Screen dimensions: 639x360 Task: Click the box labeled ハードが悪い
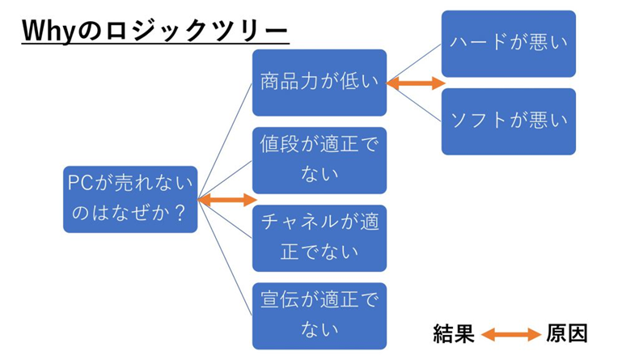pyautogui.click(x=509, y=44)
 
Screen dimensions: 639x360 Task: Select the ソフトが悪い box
pyautogui.click(x=509, y=121)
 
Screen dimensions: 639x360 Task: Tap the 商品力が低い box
pyautogui.click(x=319, y=83)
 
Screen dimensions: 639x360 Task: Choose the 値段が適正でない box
pyautogui.click(x=319, y=160)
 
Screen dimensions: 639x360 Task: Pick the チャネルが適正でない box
pyautogui.click(x=319, y=238)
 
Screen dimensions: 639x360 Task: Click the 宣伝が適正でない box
pyautogui.click(x=319, y=316)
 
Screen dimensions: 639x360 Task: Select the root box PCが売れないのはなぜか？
pyautogui.click(x=130, y=199)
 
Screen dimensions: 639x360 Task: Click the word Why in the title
pyautogui.click(x=49, y=32)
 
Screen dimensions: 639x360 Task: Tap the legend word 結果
pyautogui.click(x=454, y=334)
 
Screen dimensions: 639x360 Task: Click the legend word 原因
pyautogui.click(x=567, y=334)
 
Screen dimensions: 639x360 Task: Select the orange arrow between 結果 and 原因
pyautogui.click(x=511, y=334)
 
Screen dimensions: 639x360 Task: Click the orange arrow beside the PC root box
pyautogui.click(x=227, y=200)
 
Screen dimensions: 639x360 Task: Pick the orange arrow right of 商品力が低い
pyautogui.click(x=416, y=83)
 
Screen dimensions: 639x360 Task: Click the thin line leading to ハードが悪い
pyautogui.click(x=414, y=64)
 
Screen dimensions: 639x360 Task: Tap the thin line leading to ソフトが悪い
pyautogui.click(x=414, y=102)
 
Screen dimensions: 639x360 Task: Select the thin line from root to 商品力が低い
pyautogui.click(x=225, y=141)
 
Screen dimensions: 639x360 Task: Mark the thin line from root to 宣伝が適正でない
pyautogui.click(x=225, y=258)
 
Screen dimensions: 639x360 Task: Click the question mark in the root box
pyautogui.click(x=180, y=214)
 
